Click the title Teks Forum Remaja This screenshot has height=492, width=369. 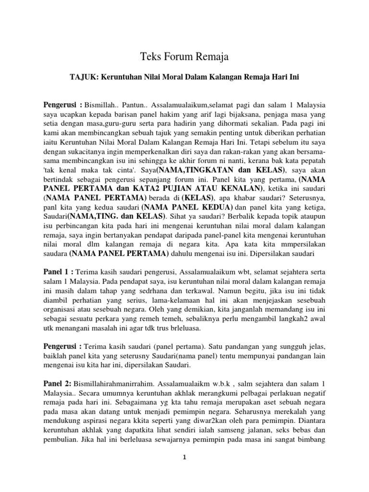point(184,57)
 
